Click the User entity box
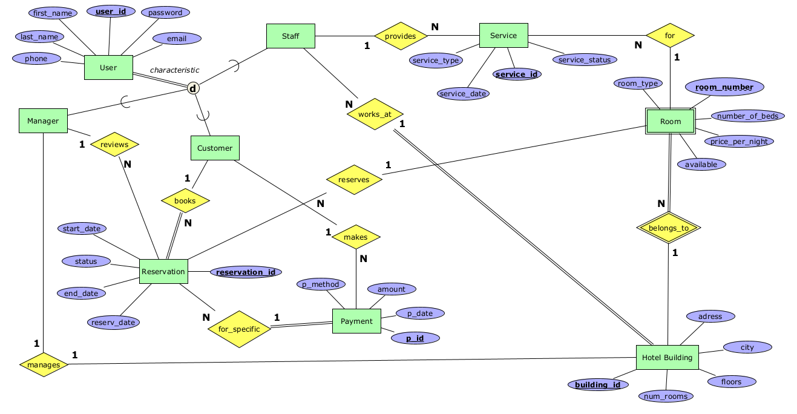point(108,68)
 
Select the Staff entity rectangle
point(290,36)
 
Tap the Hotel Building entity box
point(667,358)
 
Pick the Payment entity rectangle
point(356,321)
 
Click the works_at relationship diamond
point(375,114)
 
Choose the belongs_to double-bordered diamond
point(669,228)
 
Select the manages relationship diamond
point(44,364)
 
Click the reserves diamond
point(354,180)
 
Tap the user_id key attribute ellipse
point(111,11)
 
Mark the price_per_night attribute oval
point(739,142)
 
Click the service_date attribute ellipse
point(464,94)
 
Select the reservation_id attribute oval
point(246,272)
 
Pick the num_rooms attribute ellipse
point(666,396)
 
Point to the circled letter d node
point(193,88)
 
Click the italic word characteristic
point(174,70)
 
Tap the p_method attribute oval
point(321,284)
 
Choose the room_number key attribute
point(724,87)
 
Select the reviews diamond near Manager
point(114,145)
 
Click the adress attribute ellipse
point(710,316)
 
